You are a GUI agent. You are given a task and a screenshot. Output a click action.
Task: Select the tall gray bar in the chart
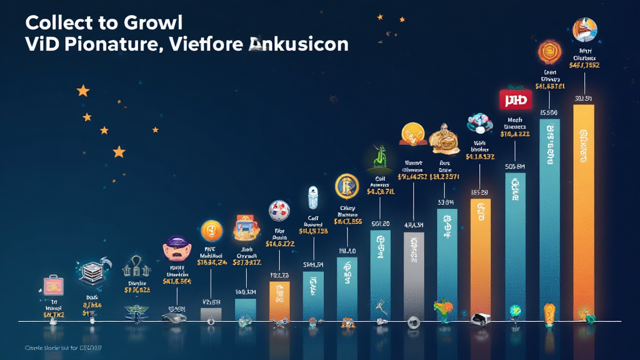click(413, 275)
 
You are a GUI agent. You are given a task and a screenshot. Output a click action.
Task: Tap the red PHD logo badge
click(516, 99)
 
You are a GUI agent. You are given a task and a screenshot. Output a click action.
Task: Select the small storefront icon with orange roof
click(244, 228)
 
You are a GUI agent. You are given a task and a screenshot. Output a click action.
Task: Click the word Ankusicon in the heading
click(298, 45)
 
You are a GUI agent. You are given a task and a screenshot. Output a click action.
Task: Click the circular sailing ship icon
click(585, 29)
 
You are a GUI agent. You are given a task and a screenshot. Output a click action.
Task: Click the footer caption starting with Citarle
click(62, 347)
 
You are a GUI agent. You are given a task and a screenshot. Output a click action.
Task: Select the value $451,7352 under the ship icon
click(584, 64)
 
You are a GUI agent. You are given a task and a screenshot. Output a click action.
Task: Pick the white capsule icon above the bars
click(312, 197)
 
